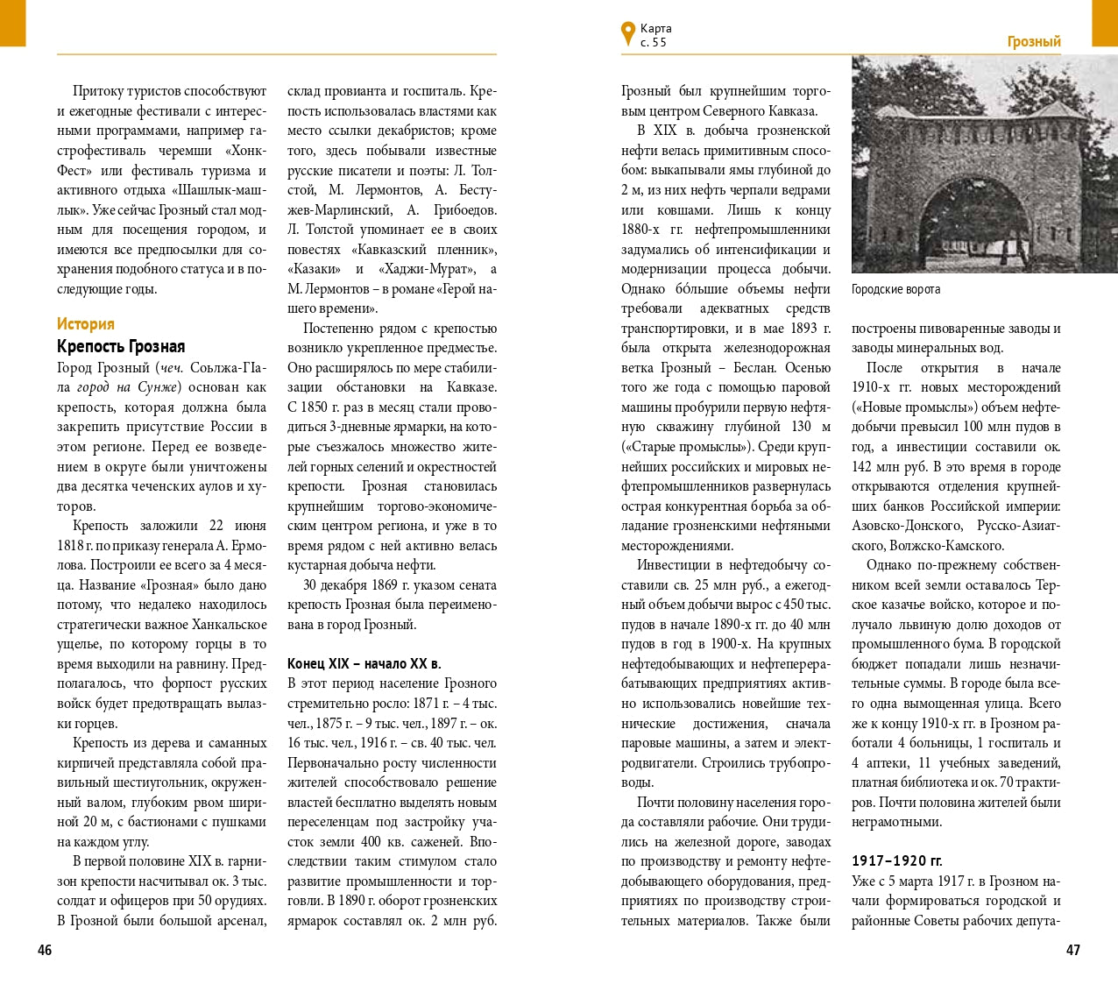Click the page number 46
click(45, 950)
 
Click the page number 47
click(1072, 950)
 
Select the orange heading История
click(86, 324)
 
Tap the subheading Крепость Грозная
click(121, 346)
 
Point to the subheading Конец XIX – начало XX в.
click(364, 664)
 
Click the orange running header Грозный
click(1034, 42)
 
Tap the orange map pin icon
click(627, 32)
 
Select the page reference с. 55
click(654, 42)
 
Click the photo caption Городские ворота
click(895, 289)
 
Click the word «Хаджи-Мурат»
click(427, 269)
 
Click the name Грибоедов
click(464, 210)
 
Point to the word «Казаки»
click(313, 269)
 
